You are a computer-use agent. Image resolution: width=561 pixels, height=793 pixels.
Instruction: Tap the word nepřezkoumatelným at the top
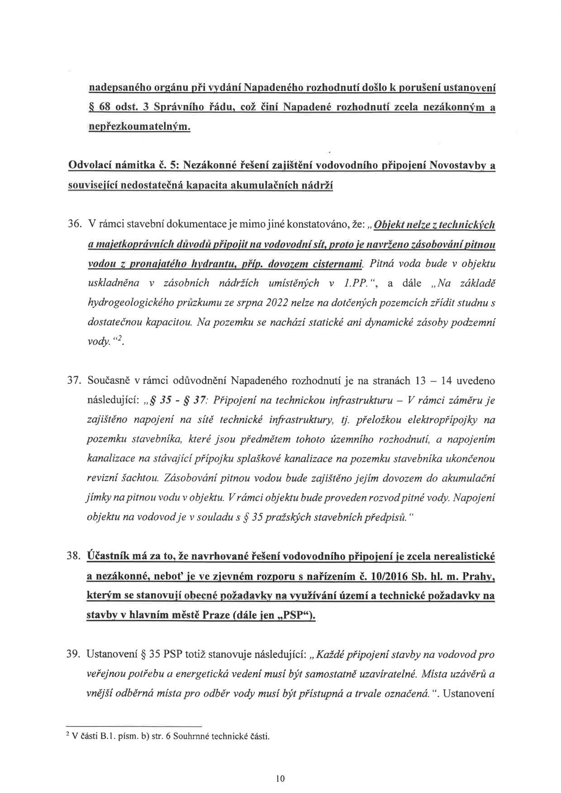click(x=138, y=127)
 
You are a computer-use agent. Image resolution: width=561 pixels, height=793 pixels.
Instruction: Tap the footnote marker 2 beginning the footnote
click(x=67, y=735)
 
